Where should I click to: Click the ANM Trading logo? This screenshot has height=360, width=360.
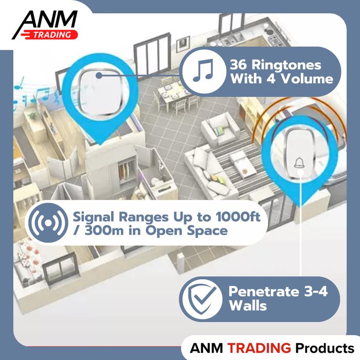45,25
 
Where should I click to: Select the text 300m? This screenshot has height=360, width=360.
102,230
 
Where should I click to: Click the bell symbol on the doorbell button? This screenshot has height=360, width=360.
299,164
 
